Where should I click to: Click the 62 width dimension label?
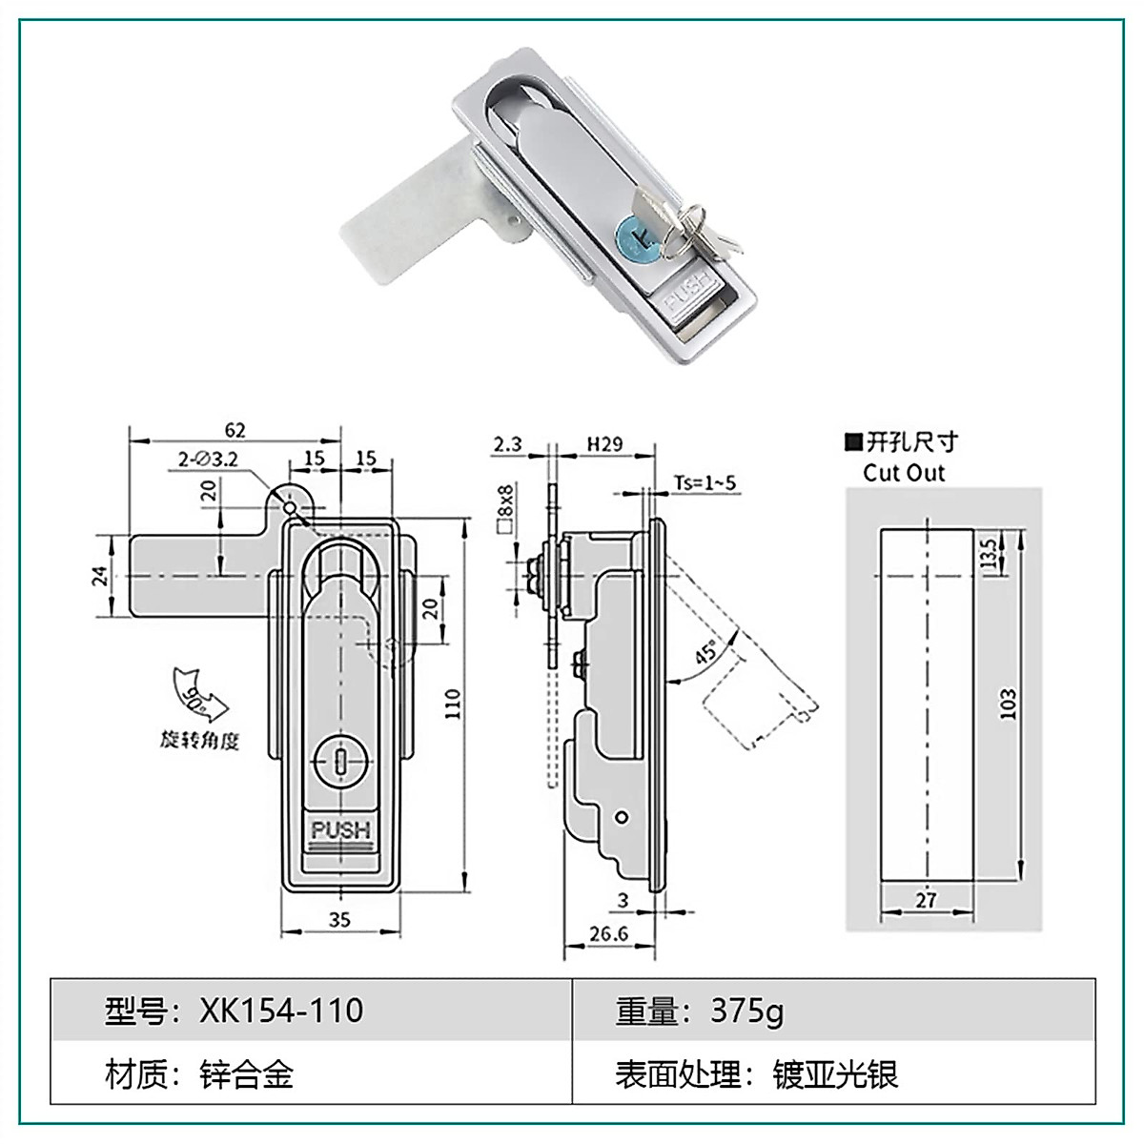point(235,430)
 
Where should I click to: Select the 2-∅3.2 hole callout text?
point(208,460)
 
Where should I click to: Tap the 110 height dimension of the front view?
point(453,704)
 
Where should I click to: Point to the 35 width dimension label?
point(339,919)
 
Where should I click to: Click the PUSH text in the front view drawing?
point(339,829)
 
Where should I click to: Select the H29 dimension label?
point(603,443)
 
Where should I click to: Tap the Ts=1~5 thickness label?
point(705,482)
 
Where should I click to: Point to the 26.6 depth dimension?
point(607,933)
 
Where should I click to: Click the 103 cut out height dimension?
point(1009,703)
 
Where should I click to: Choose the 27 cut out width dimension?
point(926,898)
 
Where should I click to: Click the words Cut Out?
point(903,473)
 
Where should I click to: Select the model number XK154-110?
point(281,1011)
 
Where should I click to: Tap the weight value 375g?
point(746,1011)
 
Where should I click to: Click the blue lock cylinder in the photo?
point(636,234)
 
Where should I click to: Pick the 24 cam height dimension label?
point(100,577)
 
